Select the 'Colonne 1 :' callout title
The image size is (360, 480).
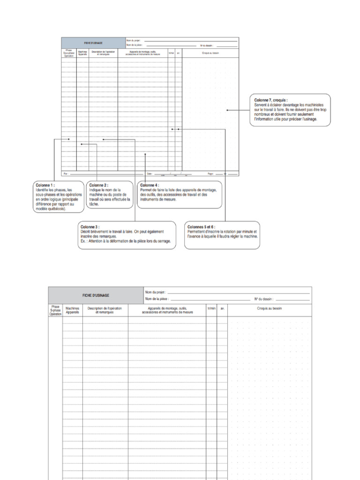tap(45, 185)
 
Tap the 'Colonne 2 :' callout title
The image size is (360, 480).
tap(98, 185)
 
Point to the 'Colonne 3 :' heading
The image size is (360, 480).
tap(90, 227)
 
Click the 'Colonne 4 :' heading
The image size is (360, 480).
tap(150, 185)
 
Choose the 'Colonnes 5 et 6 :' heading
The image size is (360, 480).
tap(201, 227)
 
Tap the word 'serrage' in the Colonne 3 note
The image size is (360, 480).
tap(162, 241)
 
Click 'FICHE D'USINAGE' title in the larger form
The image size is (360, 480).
tap(96, 295)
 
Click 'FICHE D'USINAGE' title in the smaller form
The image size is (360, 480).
tap(93, 43)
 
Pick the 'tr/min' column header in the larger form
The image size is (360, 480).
tap(211, 308)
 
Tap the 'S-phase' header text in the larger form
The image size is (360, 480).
tap(55, 310)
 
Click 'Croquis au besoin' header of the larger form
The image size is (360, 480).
tap(270, 308)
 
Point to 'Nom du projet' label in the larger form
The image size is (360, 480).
tap(155, 292)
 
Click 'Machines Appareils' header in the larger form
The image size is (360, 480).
tap(73, 310)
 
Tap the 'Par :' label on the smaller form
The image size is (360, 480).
tap(66, 173)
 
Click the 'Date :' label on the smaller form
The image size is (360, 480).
tap(150, 173)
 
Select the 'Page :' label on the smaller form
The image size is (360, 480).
tap(210, 173)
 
